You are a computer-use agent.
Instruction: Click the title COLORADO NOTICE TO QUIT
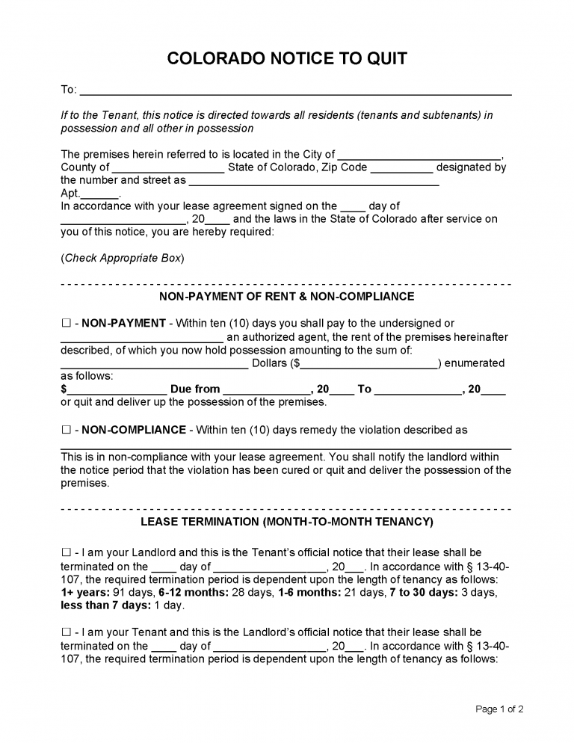click(x=287, y=59)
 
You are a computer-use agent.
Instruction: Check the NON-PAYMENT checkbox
click(x=66, y=324)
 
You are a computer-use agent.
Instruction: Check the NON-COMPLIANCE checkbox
click(x=66, y=430)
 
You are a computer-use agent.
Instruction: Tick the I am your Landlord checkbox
click(x=66, y=552)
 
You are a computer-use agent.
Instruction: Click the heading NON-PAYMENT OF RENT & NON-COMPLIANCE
click(x=287, y=297)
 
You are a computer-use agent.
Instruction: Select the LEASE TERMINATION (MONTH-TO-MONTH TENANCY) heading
click(x=287, y=521)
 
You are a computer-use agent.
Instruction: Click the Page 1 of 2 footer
click(x=499, y=709)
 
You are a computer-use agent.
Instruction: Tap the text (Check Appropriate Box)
click(x=122, y=258)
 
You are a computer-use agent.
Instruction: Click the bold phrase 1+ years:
click(x=84, y=593)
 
